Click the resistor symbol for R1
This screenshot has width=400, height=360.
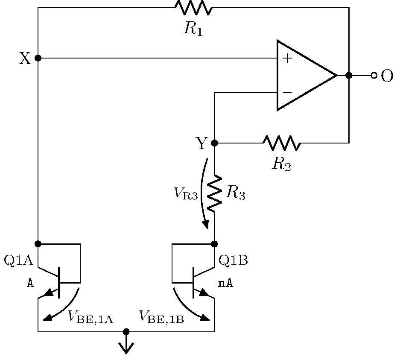193,8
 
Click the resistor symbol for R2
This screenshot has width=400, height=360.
282,143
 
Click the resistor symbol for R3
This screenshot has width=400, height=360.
214,193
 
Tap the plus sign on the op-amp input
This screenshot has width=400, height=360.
287,59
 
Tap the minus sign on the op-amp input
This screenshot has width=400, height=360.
287,92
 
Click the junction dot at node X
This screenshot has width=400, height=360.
38,58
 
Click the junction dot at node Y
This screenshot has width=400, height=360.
214,143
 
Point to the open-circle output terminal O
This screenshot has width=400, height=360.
374,76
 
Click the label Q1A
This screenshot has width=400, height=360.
18,260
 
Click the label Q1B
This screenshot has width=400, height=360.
233,260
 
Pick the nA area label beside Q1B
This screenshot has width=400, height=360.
226,284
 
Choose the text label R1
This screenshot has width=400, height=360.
193,29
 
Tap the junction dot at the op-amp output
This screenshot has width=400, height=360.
349,76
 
